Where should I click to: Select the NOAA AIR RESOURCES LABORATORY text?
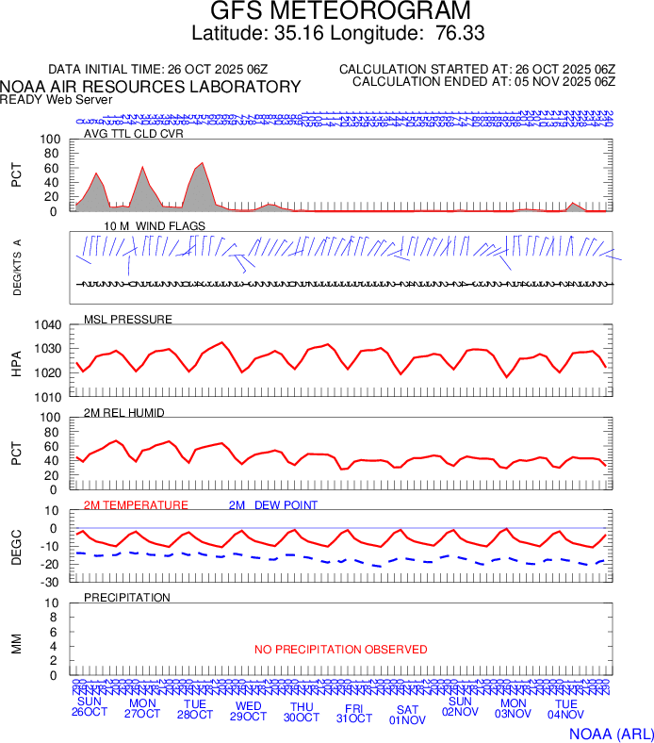point(151,87)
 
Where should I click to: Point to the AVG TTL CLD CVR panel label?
point(133,133)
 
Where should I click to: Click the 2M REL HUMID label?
point(124,413)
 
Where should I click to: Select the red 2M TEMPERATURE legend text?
point(136,505)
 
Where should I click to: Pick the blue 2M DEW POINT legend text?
point(273,505)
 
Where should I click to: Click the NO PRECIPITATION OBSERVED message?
point(340,650)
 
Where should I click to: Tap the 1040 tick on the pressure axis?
point(48,325)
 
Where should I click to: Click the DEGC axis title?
point(17,545)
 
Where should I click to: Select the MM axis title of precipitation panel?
point(17,644)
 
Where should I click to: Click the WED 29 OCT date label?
point(249,711)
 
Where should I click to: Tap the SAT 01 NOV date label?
point(407,715)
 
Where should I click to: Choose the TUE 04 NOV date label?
point(565,711)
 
